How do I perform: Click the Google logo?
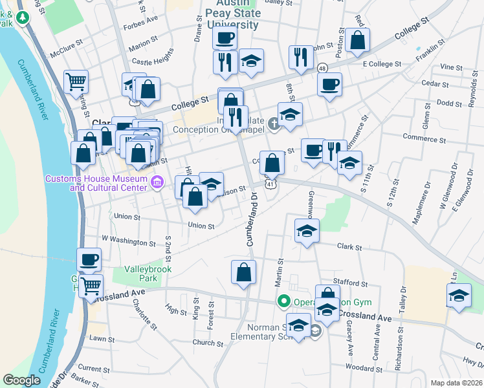[x=22, y=380]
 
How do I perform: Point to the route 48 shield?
[x=322, y=68]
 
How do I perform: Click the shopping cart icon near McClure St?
[x=76, y=82]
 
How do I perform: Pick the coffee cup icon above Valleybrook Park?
[x=89, y=260]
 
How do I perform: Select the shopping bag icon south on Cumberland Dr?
[x=243, y=272]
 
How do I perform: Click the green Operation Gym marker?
[x=283, y=301]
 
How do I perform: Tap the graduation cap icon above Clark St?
[x=307, y=230]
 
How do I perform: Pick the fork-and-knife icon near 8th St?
[x=299, y=58]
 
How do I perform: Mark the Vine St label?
[x=447, y=67]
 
